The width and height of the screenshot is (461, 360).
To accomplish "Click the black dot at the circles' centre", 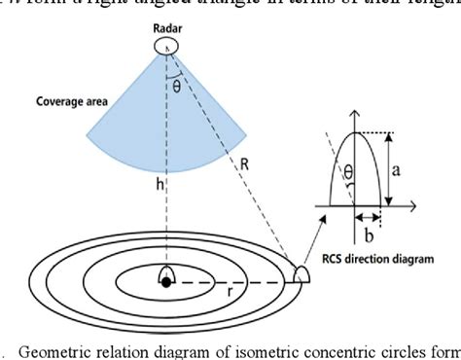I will (166, 282).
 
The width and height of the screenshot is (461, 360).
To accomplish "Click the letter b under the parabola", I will (366, 233).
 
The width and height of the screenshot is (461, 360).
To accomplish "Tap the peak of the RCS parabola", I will (353, 134).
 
